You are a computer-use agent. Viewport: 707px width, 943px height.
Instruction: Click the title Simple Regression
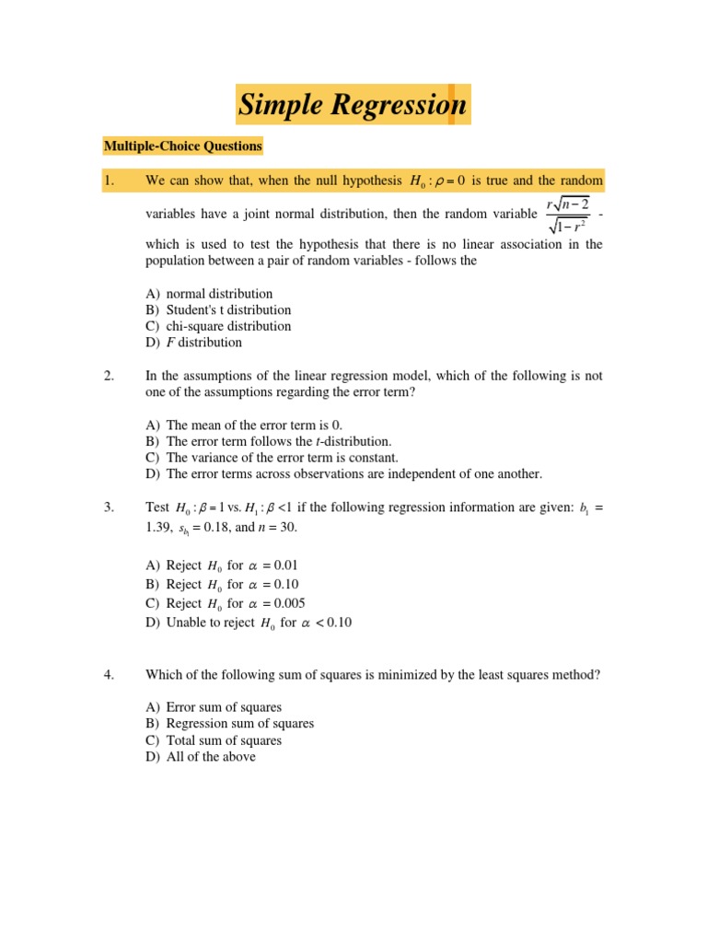tap(353, 106)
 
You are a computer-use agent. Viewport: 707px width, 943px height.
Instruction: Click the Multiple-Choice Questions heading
tap(182, 146)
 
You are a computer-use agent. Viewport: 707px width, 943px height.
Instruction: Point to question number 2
tap(109, 375)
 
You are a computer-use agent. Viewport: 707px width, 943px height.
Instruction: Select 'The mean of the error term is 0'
tap(244, 425)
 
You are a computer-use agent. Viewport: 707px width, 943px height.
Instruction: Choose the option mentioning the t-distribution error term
tap(268, 441)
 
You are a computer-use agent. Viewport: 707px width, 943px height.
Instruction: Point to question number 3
tap(109, 507)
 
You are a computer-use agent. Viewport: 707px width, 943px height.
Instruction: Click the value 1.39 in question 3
tap(158, 527)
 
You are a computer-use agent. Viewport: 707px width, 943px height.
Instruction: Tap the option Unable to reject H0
tap(249, 623)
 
